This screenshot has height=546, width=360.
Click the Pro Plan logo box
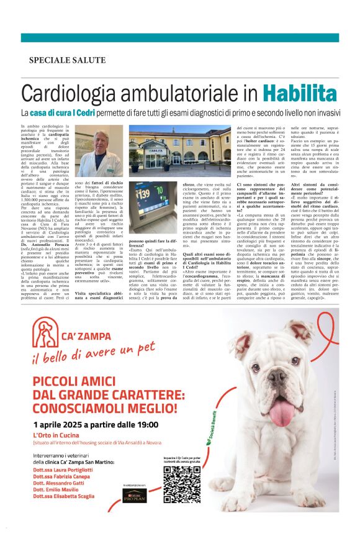coord(135,495)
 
